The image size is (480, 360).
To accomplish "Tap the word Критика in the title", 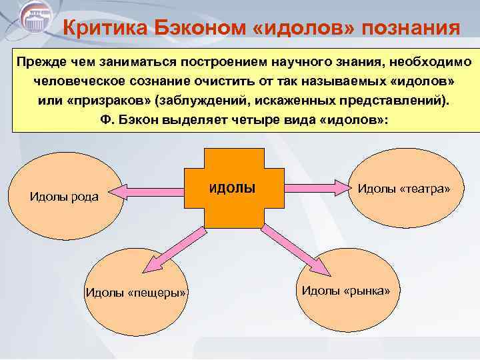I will [104, 29].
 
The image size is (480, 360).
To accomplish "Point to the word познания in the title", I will [406, 29].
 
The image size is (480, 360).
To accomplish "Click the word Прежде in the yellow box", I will [38, 62].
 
